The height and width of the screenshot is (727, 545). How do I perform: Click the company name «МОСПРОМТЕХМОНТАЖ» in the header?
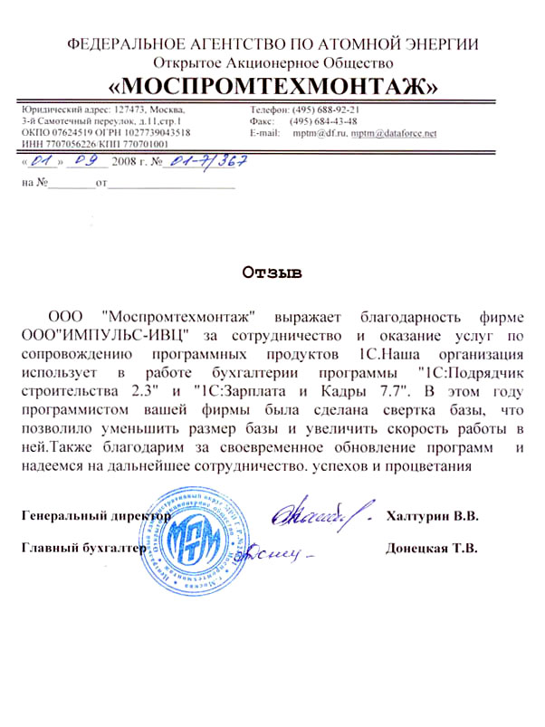pos(272,86)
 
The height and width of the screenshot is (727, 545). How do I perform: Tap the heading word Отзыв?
pos(272,271)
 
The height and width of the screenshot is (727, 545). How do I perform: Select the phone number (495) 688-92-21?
pos(326,109)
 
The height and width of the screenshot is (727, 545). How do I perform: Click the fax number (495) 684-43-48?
pos(323,120)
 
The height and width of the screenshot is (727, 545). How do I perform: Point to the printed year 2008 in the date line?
pos(122,164)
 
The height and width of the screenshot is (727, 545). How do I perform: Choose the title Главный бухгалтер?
pos(82,549)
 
